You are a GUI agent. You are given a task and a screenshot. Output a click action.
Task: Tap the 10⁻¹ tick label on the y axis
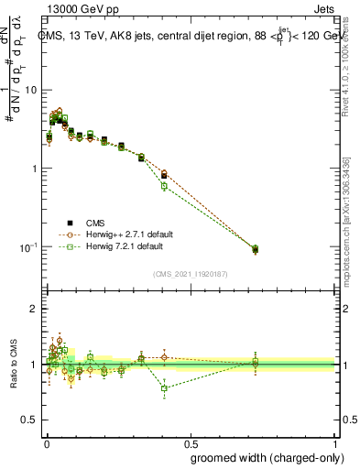click(x=27, y=247)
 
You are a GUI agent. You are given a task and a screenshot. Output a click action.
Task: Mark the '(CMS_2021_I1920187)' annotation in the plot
click(x=191, y=273)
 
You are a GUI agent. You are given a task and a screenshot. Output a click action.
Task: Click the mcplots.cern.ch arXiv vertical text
click(x=345, y=220)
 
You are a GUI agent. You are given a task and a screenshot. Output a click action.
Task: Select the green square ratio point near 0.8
click(x=164, y=388)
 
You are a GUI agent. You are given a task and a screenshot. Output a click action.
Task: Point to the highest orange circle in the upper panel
click(x=60, y=111)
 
